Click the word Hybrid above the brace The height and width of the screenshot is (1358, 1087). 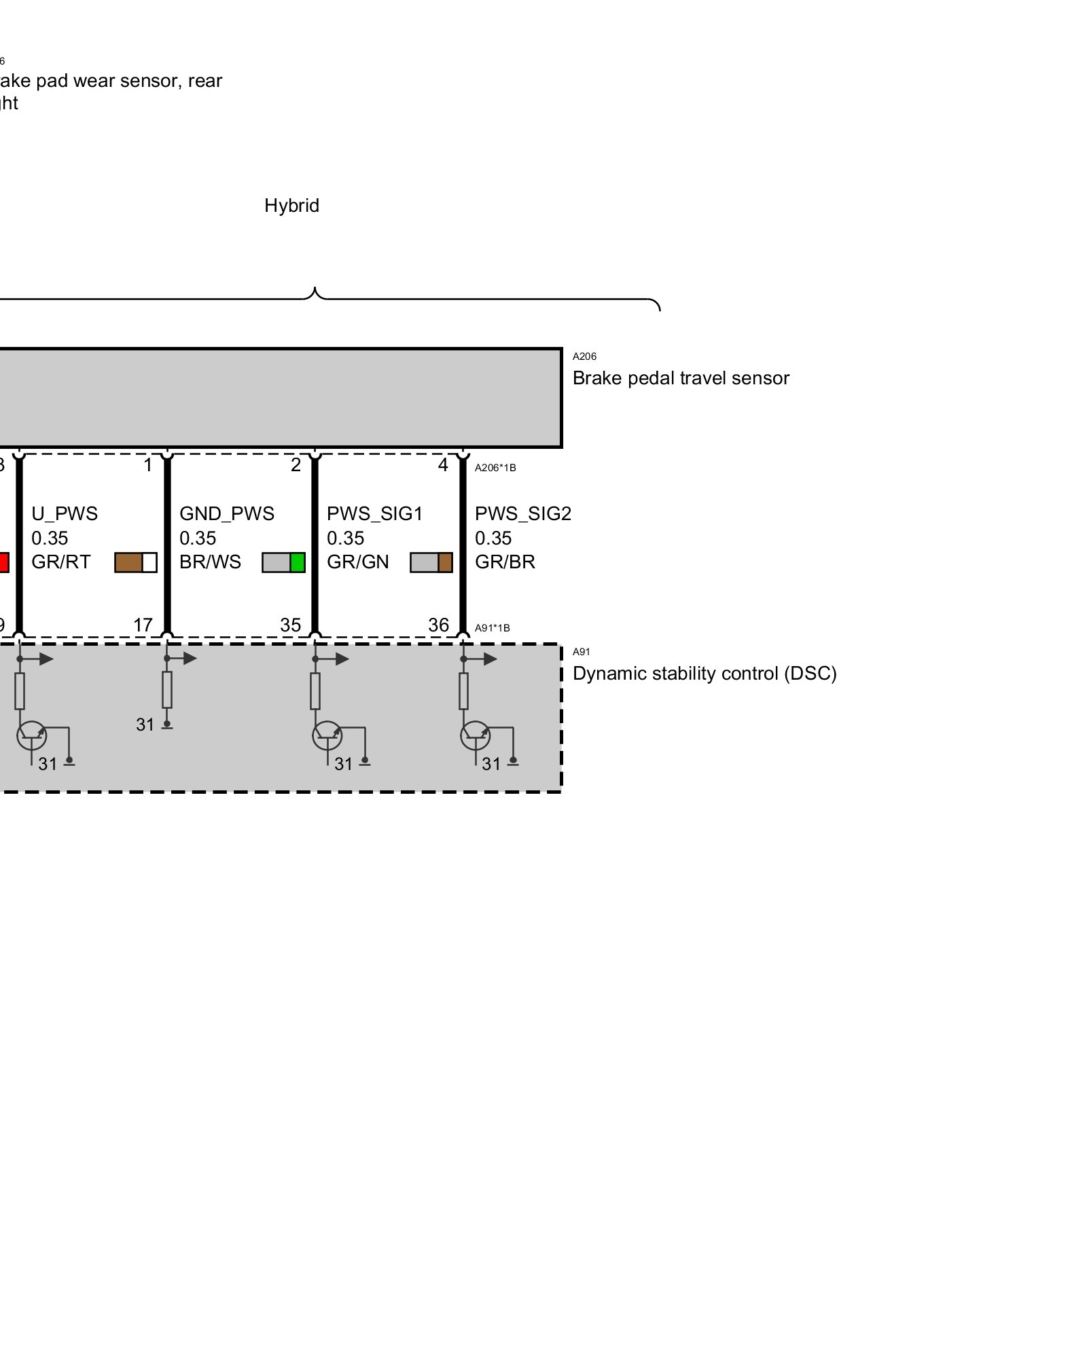point(291,206)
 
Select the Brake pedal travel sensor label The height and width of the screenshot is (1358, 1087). point(681,378)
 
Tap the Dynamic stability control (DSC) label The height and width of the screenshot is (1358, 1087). point(705,674)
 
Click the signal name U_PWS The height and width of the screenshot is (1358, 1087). point(65,514)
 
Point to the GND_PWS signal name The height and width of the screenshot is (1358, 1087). point(227,514)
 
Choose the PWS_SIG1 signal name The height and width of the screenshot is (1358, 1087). point(375,514)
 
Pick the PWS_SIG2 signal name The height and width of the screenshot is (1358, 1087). point(523,514)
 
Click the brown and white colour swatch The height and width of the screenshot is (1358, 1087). point(136,562)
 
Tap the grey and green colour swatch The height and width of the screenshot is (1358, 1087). point(283,562)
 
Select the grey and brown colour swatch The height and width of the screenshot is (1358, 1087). point(431,562)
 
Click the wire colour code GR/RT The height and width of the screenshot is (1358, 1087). point(61,562)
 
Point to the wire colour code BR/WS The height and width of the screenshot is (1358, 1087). point(210,562)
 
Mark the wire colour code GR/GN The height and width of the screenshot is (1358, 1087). point(358,562)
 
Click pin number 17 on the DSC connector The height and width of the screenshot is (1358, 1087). point(143,625)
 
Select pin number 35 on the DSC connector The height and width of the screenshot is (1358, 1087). point(291,625)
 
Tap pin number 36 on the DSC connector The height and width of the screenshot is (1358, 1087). point(439,625)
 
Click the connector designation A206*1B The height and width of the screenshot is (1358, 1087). point(495,468)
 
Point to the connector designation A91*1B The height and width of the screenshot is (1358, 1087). point(493,628)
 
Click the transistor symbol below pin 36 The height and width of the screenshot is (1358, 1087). point(475,735)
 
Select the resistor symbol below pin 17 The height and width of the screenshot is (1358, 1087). point(167,690)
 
